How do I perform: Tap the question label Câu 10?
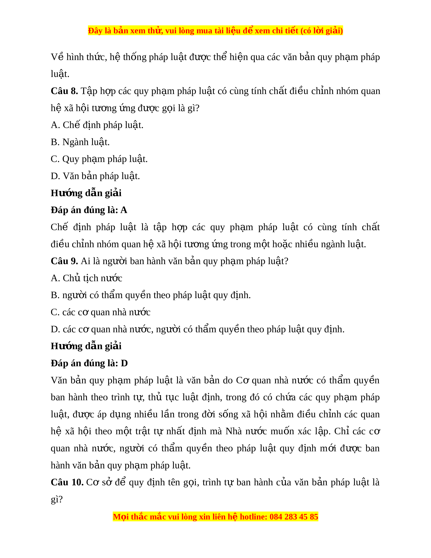[x=67, y=482]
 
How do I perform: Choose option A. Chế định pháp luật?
[x=97, y=125]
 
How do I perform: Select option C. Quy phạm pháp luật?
[x=99, y=159]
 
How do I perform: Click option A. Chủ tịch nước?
[x=86, y=278]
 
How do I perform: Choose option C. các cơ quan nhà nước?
[x=101, y=312]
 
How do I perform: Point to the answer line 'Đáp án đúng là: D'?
[x=89, y=363]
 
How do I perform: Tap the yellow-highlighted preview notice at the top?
[x=215, y=31]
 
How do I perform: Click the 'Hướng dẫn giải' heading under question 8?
[x=86, y=193]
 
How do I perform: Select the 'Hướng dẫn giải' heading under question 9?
[x=86, y=346]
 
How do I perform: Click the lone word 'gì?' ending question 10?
[x=57, y=499]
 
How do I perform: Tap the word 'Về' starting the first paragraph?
[x=57, y=57]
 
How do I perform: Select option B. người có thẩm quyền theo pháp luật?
[x=151, y=295]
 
